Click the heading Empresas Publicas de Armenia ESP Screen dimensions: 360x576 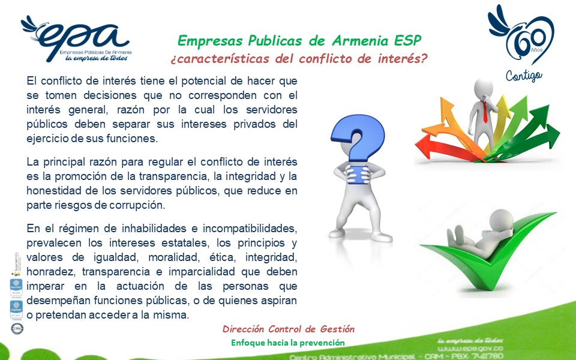point(299,41)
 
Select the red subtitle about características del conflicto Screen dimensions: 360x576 point(299,59)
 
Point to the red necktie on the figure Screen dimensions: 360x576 point(485,112)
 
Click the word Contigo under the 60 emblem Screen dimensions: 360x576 point(523,76)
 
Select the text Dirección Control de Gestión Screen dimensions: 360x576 point(288,329)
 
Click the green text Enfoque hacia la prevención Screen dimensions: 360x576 point(288,343)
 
